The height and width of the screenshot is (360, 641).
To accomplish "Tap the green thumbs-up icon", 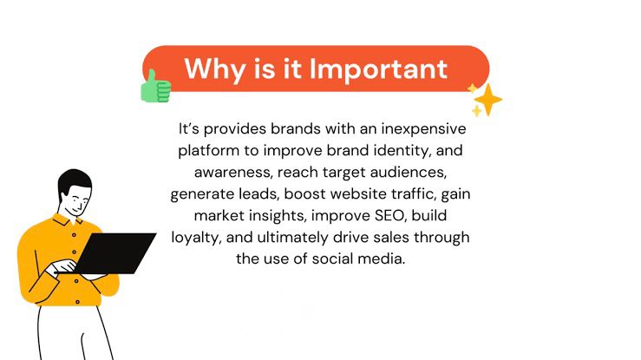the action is (155, 86).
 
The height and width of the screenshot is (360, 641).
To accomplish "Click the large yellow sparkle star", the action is (488, 100).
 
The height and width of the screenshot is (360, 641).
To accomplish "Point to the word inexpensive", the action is (423, 129).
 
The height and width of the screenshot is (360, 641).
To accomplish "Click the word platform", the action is (208, 151).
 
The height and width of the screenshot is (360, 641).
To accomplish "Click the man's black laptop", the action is (114, 253).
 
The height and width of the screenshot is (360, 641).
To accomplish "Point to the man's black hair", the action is (74, 181).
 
